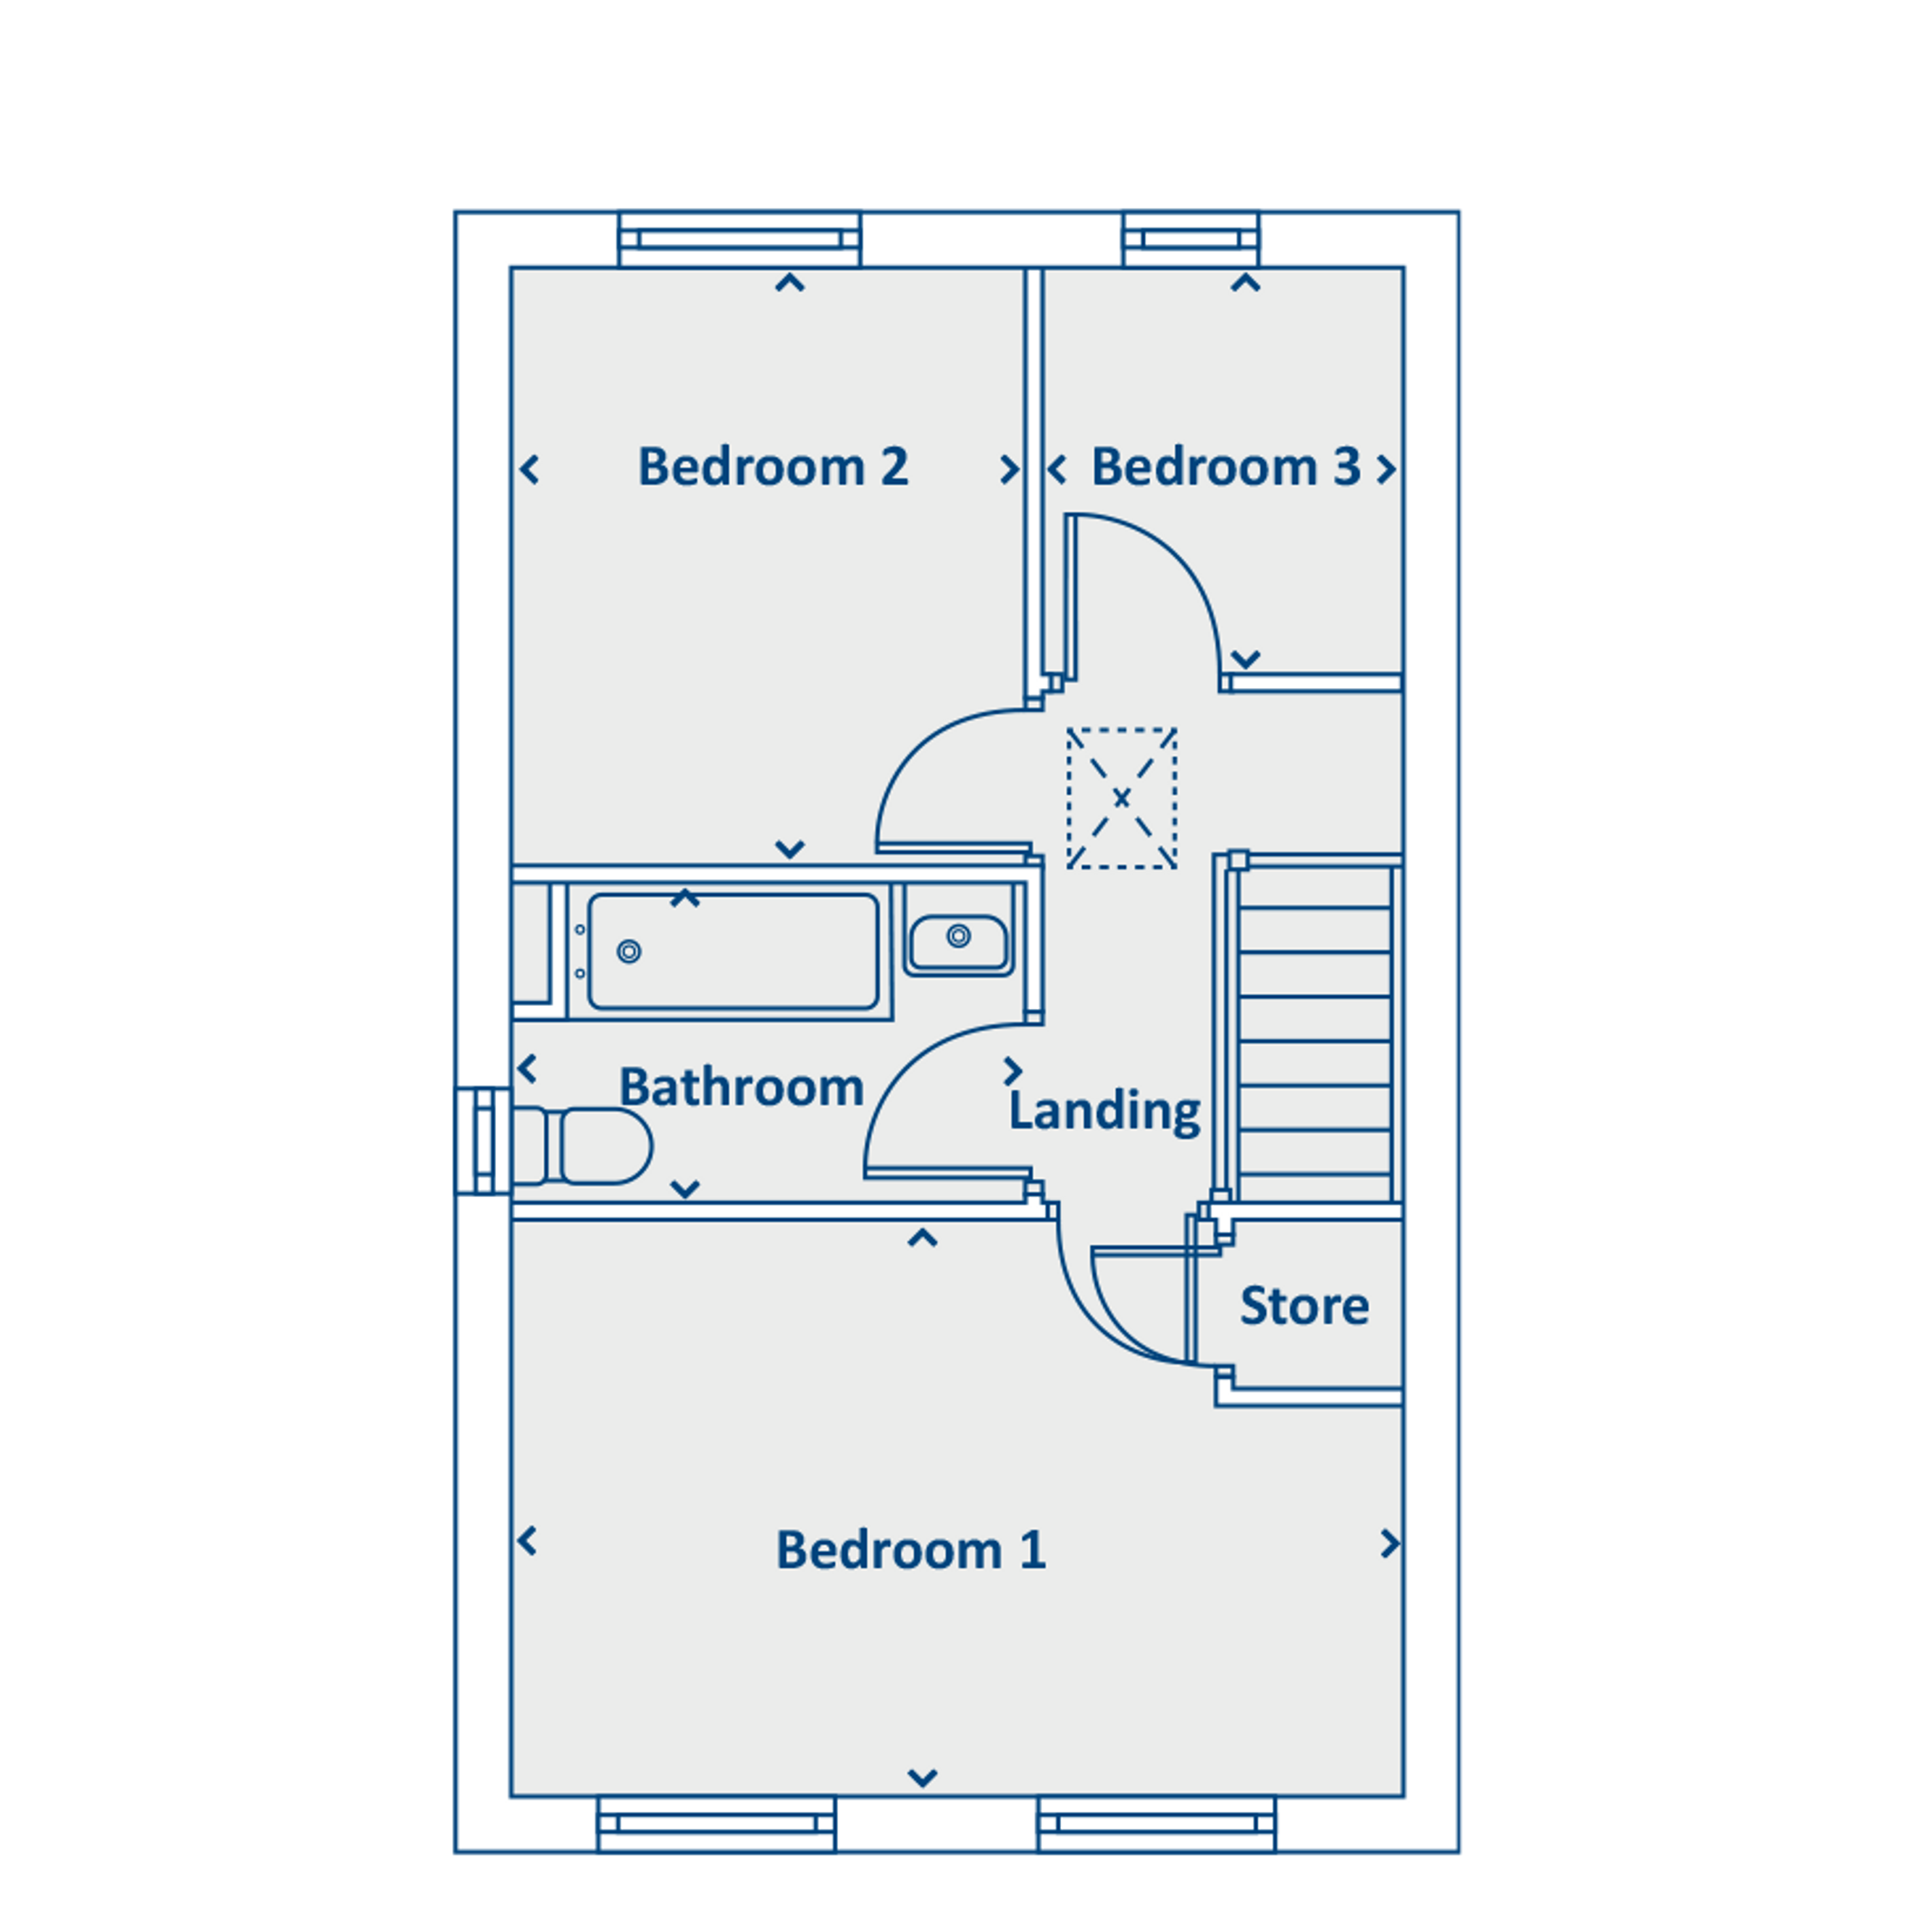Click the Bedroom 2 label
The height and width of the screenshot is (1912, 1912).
(x=772, y=467)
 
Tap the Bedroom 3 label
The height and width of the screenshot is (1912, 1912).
(x=1225, y=467)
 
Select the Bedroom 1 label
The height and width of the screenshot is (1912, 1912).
(x=910, y=1550)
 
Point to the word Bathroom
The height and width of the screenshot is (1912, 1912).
(x=741, y=1088)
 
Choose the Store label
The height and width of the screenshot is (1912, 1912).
(x=1304, y=1307)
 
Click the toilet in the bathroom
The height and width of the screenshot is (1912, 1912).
(x=582, y=1146)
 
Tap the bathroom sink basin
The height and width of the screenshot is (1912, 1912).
(x=958, y=942)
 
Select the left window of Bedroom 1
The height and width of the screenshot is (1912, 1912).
(x=716, y=1824)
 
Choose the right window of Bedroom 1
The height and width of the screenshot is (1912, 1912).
(x=1156, y=1824)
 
